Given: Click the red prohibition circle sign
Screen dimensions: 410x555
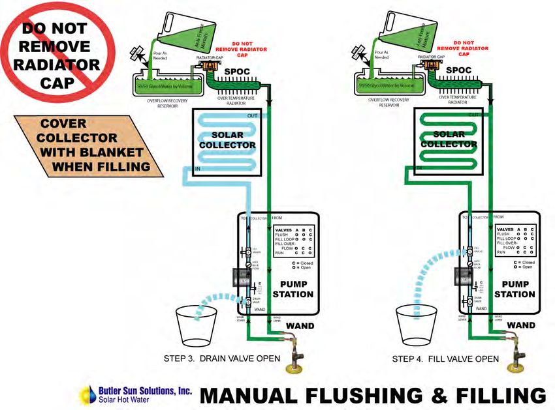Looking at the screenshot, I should (58, 55).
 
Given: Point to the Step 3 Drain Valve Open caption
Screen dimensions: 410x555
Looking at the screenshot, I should (222, 359).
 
